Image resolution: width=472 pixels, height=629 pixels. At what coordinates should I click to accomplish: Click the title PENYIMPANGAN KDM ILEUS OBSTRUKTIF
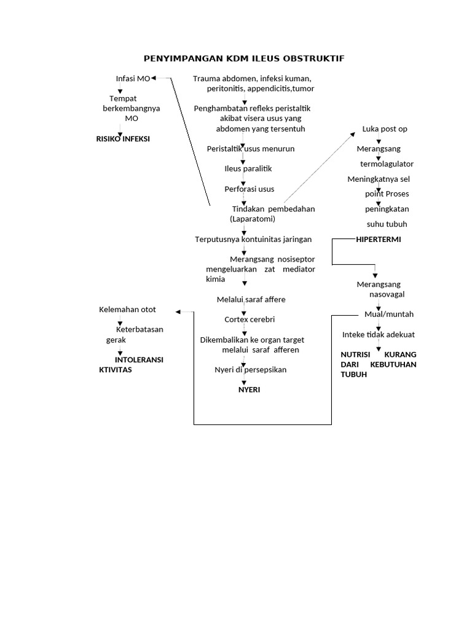coord(244,58)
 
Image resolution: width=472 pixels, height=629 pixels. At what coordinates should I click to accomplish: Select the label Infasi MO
coord(133,79)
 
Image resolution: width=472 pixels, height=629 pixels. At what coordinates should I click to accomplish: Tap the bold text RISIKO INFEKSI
coord(123,139)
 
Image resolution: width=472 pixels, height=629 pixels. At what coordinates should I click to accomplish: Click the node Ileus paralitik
coord(248,168)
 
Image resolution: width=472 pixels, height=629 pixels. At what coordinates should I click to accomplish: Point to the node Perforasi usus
coord(249,189)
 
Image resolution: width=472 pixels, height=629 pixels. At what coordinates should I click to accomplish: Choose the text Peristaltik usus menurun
coord(251,149)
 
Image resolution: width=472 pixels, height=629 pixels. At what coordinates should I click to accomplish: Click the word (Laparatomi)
coord(253,219)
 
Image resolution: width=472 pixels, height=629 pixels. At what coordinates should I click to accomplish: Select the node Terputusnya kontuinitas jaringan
coord(253,239)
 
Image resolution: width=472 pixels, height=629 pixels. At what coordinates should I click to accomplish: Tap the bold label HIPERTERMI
coord(379,239)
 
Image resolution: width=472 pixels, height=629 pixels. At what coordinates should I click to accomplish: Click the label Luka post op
coord(385,129)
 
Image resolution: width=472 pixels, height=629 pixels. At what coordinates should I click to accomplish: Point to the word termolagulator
coord(387,164)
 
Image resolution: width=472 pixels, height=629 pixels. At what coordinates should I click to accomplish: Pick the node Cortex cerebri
coord(249,319)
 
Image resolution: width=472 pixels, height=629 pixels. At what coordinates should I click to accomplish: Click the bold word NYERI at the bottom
coord(249,389)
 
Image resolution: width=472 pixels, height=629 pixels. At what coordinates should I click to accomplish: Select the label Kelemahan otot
coord(128,309)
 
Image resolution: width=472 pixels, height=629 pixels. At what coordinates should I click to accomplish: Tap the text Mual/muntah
coord(389,314)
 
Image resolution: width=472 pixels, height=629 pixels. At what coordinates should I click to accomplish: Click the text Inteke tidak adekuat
coord(379,335)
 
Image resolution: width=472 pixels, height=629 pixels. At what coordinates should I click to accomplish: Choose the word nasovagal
coord(387,295)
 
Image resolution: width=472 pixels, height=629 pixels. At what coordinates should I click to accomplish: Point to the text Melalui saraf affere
coord(251,299)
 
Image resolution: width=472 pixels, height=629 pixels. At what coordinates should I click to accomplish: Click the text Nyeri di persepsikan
coord(250,370)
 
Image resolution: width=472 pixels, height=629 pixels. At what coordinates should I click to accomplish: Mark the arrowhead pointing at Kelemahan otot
coord(178,312)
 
